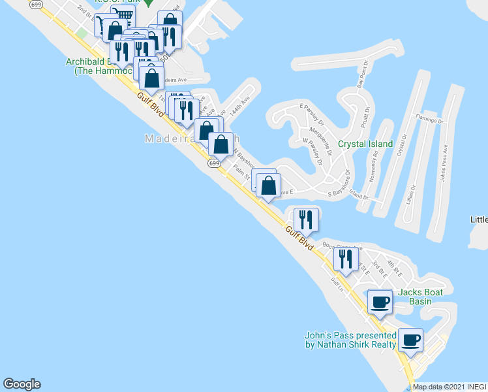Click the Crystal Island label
(365, 144)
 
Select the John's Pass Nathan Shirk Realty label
(350, 340)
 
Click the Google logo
(22, 384)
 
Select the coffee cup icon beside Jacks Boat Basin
(380, 301)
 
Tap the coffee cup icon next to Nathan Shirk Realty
(410, 340)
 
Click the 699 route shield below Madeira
(214, 163)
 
